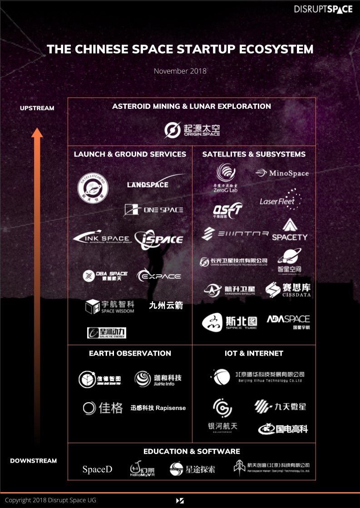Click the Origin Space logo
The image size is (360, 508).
[192, 130]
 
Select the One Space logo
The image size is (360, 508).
[153, 210]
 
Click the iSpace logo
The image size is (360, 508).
[159, 239]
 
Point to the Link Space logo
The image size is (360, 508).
[101, 238]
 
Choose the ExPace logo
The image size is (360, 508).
[159, 276]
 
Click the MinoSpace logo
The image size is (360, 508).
[282, 173]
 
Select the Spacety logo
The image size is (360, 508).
[290, 230]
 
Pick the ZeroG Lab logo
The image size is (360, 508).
[226, 177]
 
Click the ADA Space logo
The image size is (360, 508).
[288, 321]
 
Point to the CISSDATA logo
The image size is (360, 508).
[288, 290]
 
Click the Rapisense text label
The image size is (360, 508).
[158, 408]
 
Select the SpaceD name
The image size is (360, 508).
[97, 469]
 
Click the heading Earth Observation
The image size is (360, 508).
[130, 353]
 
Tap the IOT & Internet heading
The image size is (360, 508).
[254, 353]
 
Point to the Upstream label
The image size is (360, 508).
[37, 108]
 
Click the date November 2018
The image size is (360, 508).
[180, 71]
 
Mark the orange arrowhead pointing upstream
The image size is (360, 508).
[37, 132]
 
